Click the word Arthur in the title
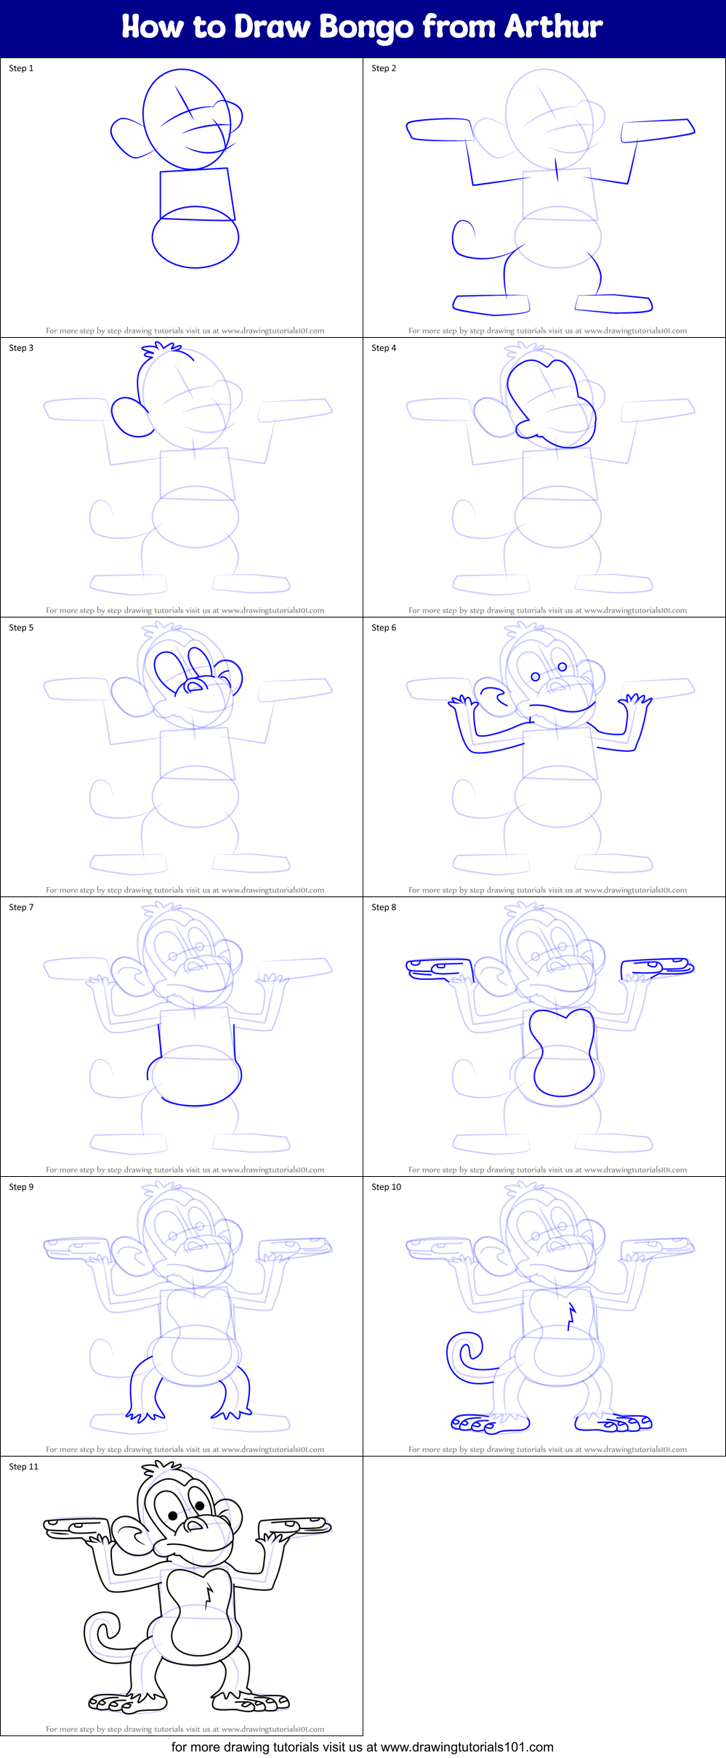pyautogui.click(x=554, y=27)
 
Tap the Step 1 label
pyautogui.click(x=21, y=68)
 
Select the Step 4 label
pyautogui.click(x=384, y=348)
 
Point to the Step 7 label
pyautogui.click(x=21, y=907)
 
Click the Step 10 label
pyautogui.click(x=386, y=1187)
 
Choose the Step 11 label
pyautogui.click(x=23, y=1467)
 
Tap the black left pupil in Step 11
pyautogui.click(x=173, y=1515)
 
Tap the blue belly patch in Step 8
pyautogui.click(x=562, y=1053)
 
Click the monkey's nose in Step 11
pyautogui.click(x=194, y=1524)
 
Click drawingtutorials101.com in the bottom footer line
pyautogui.click(x=467, y=1747)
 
